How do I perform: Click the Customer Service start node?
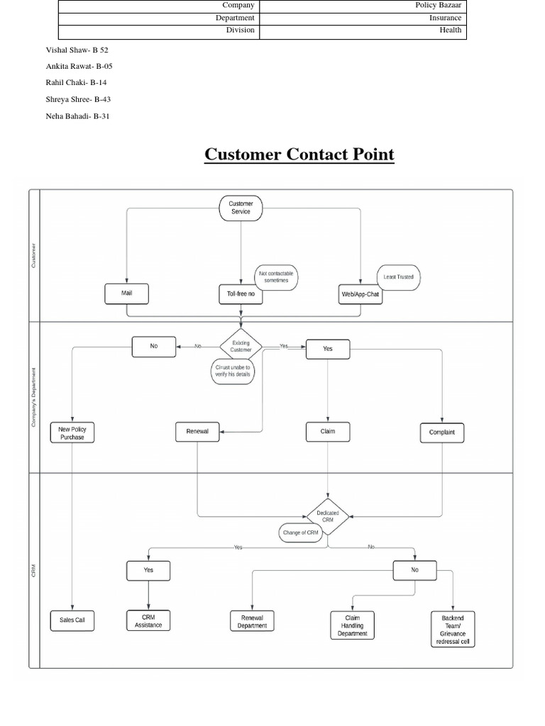click(241, 208)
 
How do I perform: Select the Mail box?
click(126, 294)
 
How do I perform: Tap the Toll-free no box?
click(241, 294)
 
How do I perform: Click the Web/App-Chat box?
click(360, 294)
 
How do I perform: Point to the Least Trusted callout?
click(398, 277)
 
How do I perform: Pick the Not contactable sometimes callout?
click(277, 277)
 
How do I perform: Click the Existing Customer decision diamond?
click(241, 346)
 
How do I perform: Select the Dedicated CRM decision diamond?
click(327, 516)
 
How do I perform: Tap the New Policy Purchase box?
click(72, 432)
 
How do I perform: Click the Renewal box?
click(197, 432)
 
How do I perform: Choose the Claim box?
click(327, 432)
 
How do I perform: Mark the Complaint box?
click(442, 432)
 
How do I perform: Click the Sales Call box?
click(72, 620)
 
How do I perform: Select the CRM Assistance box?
click(148, 620)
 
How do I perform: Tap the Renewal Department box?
click(252, 622)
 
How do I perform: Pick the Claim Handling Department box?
click(352, 625)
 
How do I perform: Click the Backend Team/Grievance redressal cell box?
click(453, 629)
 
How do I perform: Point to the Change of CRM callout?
click(301, 532)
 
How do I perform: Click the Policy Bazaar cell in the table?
click(363, 6)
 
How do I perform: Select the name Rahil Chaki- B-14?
click(76, 83)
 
